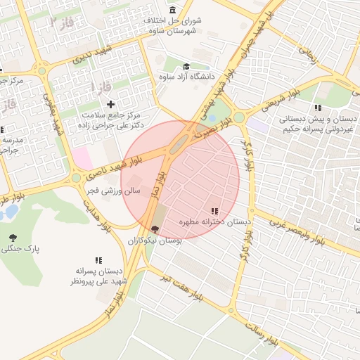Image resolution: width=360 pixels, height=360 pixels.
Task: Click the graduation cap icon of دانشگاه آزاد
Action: click(x=186, y=66)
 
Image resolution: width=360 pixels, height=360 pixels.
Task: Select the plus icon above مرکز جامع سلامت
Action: click(x=110, y=104)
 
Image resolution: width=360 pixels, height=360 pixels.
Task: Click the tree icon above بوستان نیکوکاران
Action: click(x=155, y=229)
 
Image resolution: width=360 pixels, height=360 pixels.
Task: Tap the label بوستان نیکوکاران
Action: click(x=155, y=240)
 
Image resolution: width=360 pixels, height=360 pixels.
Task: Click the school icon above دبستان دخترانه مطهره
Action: click(x=214, y=210)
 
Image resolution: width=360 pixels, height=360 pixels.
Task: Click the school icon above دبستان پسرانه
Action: click(x=98, y=259)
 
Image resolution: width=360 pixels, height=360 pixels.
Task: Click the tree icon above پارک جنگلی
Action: click(x=13, y=238)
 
